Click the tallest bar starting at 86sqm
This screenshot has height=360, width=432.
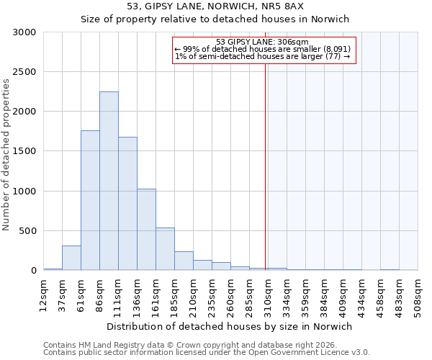click(109, 181)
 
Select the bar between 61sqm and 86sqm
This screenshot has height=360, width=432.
click(90, 200)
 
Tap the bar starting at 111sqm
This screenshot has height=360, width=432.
click(127, 204)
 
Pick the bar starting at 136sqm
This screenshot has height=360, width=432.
click(146, 230)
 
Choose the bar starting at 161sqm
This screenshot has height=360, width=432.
click(165, 249)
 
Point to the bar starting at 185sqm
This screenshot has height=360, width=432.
click(184, 261)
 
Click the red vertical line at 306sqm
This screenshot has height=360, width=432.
click(266, 166)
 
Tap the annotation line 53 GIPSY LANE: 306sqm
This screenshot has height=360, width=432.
click(262, 42)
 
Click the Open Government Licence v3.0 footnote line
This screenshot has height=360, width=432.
click(207, 353)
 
